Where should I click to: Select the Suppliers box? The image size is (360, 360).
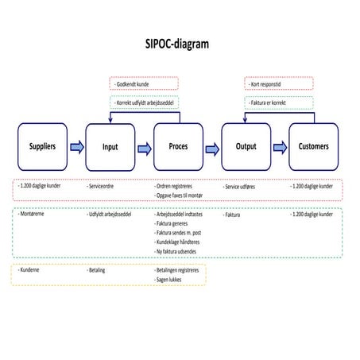click(x=41, y=147)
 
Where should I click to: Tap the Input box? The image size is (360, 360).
click(x=110, y=147)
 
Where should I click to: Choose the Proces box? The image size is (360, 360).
click(x=179, y=147)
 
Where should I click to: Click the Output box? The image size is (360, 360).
click(x=246, y=147)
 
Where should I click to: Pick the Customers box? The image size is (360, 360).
click(x=313, y=147)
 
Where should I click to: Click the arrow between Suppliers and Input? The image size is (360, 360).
click(x=76, y=147)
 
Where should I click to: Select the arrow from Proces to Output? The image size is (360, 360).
click(x=212, y=147)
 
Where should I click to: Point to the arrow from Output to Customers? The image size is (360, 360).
click(x=280, y=147)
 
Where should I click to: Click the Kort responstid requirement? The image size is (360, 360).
click(x=266, y=83)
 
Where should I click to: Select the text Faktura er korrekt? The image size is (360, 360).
click(x=268, y=103)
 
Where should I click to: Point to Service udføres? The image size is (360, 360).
click(x=244, y=187)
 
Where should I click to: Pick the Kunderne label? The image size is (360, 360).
click(x=31, y=270)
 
